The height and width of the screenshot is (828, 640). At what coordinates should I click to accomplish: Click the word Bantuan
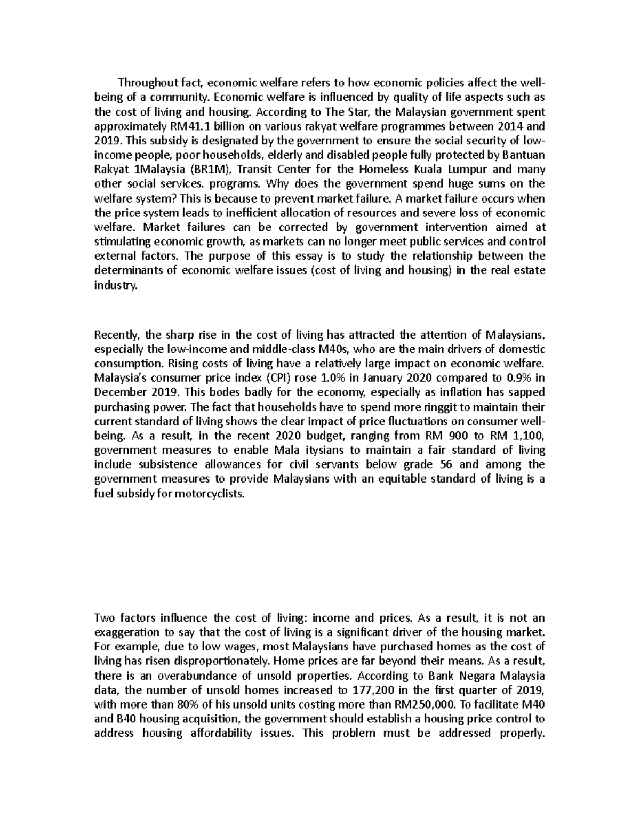pos(521,155)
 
